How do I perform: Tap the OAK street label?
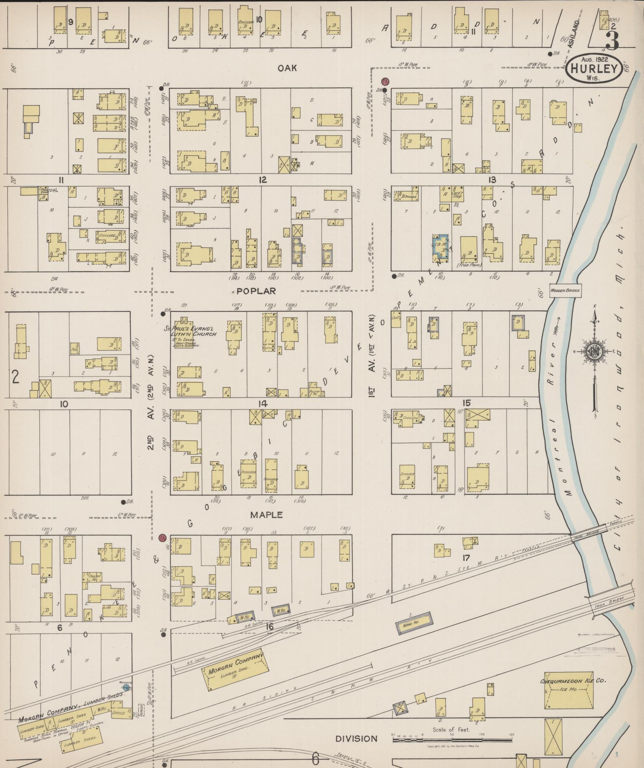287,68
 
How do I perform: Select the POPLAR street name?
256,291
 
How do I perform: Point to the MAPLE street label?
266,515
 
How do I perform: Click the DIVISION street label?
357,739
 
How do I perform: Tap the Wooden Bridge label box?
565,290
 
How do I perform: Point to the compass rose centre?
595,351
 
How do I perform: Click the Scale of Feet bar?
452,740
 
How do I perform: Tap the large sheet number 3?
612,39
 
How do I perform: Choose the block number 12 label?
263,180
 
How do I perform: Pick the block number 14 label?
262,404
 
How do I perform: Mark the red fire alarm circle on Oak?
385,81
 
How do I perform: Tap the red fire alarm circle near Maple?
163,537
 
